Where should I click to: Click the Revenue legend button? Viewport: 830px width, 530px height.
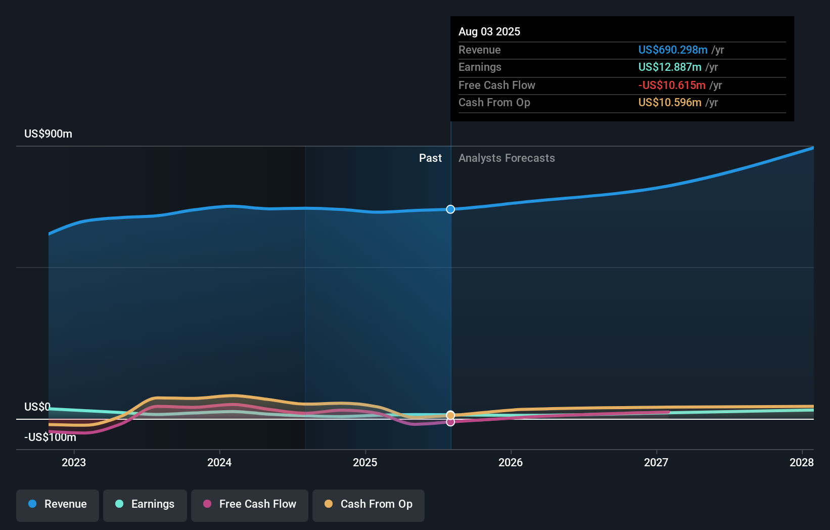pos(58,504)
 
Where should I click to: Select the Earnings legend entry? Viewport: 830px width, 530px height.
pos(145,504)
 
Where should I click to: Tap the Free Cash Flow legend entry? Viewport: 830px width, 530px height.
pos(250,504)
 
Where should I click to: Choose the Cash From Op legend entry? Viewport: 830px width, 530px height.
pos(368,504)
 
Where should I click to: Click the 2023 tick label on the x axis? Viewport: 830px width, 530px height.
pos(74,462)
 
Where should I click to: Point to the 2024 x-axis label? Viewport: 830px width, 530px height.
pos(219,462)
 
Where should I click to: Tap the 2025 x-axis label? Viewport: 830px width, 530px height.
pos(365,462)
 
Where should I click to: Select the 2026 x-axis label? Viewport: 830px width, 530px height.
pos(511,462)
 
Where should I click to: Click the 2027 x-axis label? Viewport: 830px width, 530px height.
pos(656,462)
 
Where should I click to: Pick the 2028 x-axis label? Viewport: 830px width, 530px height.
pos(801,462)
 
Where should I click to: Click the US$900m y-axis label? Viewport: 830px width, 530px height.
pos(48,134)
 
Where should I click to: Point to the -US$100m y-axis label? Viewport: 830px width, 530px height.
pos(50,437)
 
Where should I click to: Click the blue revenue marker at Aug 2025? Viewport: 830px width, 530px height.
pos(450,209)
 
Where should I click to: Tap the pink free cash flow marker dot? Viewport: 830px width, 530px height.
pos(450,422)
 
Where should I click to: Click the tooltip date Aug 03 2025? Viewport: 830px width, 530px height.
pos(489,31)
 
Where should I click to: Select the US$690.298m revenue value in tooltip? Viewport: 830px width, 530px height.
pos(672,50)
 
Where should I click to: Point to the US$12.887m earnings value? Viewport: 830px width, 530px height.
pos(669,67)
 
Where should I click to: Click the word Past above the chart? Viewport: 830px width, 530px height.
pos(430,158)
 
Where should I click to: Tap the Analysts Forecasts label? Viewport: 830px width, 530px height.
pos(506,158)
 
